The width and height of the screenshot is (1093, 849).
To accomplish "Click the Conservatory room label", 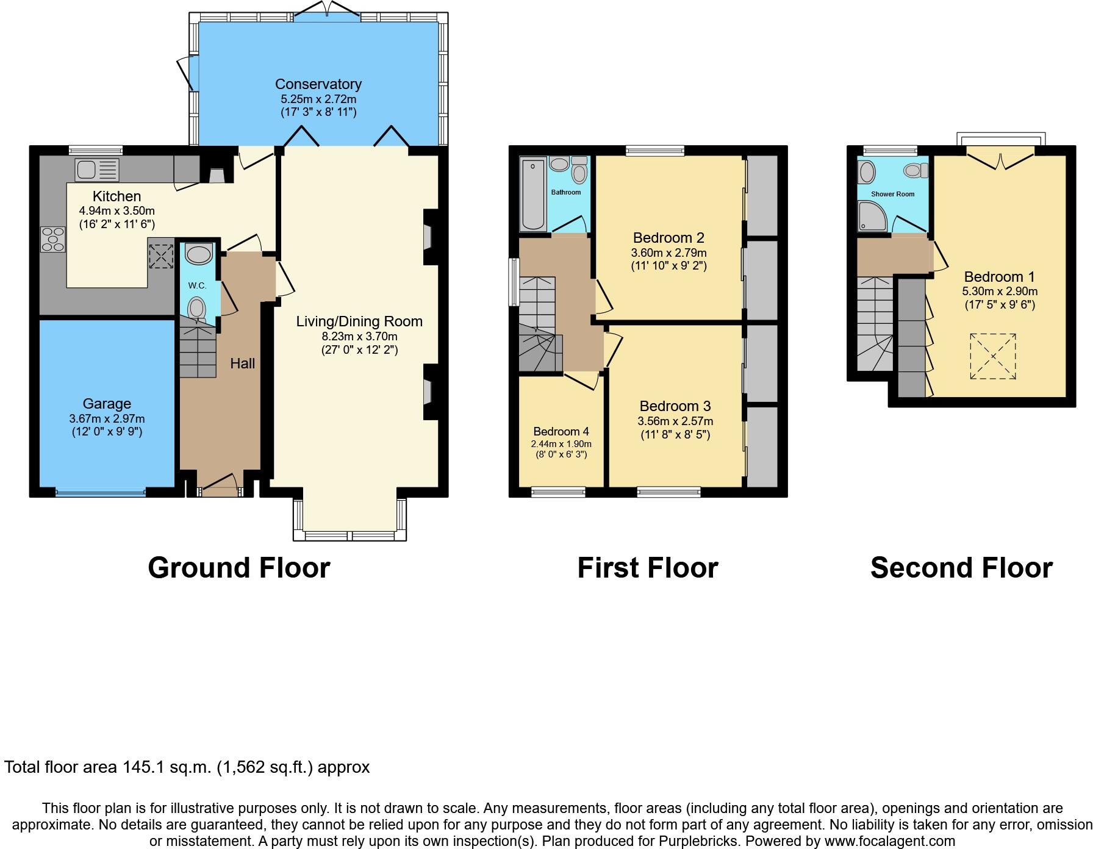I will tap(318, 84).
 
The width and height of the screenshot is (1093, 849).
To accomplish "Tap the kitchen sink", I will tap(96, 169).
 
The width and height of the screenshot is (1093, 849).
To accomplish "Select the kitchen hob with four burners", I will tap(52, 239).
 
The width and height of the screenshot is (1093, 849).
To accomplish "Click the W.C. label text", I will tap(197, 285).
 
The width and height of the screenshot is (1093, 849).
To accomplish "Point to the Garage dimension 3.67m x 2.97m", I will tap(107, 419).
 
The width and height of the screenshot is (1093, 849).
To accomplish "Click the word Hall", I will tap(242, 364).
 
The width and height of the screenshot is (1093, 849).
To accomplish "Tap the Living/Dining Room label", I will tap(359, 321).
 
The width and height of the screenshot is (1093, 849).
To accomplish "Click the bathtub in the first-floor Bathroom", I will tap(533, 194).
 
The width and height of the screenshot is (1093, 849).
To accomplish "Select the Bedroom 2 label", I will tap(668, 238).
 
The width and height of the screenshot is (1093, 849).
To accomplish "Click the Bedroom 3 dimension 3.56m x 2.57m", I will tap(675, 421).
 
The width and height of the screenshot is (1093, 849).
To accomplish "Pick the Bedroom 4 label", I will tap(561, 432).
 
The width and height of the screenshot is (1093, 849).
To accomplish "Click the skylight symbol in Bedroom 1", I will tap(993, 357).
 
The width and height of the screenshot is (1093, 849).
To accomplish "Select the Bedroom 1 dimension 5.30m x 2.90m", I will tap(999, 292).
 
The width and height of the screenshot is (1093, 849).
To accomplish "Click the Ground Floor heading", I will tap(238, 568).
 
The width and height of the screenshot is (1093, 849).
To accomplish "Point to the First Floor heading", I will tap(647, 568).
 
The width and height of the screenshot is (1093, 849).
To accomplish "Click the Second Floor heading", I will tap(961, 568).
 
